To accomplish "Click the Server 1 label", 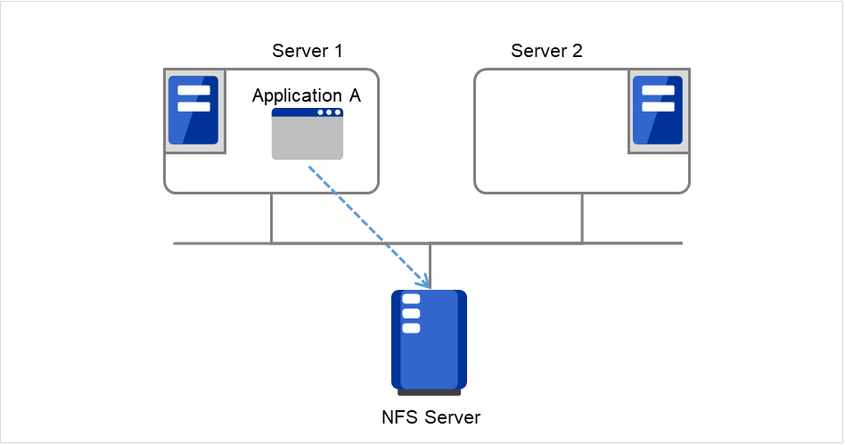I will pyautogui.click(x=308, y=50).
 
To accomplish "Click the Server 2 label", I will pyautogui.click(x=546, y=50).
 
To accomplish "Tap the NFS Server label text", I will pyautogui.click(x=430, y=416).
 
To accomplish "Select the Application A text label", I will pyautogui.click(x=307, y=95).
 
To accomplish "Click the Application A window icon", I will pyautogui.click(x=308, y=134).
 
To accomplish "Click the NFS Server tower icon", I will pyautogui.click(x=429, y=341).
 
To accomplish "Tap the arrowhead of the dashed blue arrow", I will pyautogui.click(x=426, y=284).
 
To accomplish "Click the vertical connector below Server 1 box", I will pyautogui.click(x=271, y=218).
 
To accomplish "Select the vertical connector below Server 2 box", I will pyautogui.click(x=582, y=218).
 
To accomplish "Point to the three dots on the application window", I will pyautogui.click(x=329, y=112).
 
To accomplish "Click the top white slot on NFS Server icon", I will pyautogui.click(x=411, y=299).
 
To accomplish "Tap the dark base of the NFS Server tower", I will pyautogui.click(x=429, y=391).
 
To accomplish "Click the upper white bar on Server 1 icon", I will pyautogui.click(x=193, y=90).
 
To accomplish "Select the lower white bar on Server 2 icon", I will pyautogui.click(x=658, y=106).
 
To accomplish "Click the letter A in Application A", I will pyautogui.click(x=355, y=95).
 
